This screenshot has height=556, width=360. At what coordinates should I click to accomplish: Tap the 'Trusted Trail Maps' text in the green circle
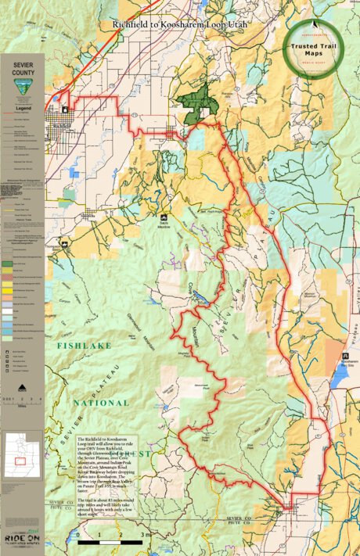(312, 48)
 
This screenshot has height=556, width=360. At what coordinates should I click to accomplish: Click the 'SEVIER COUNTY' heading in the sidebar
(23, 68)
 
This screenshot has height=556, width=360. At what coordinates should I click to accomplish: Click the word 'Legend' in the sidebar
(23, 108)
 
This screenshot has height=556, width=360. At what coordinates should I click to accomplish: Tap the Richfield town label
(61, 125)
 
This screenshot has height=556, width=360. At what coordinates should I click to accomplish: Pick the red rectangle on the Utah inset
(20, 461)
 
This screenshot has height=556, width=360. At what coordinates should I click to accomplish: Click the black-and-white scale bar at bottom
(109, 541)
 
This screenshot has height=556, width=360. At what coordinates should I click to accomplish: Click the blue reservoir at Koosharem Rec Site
(338, 378)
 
